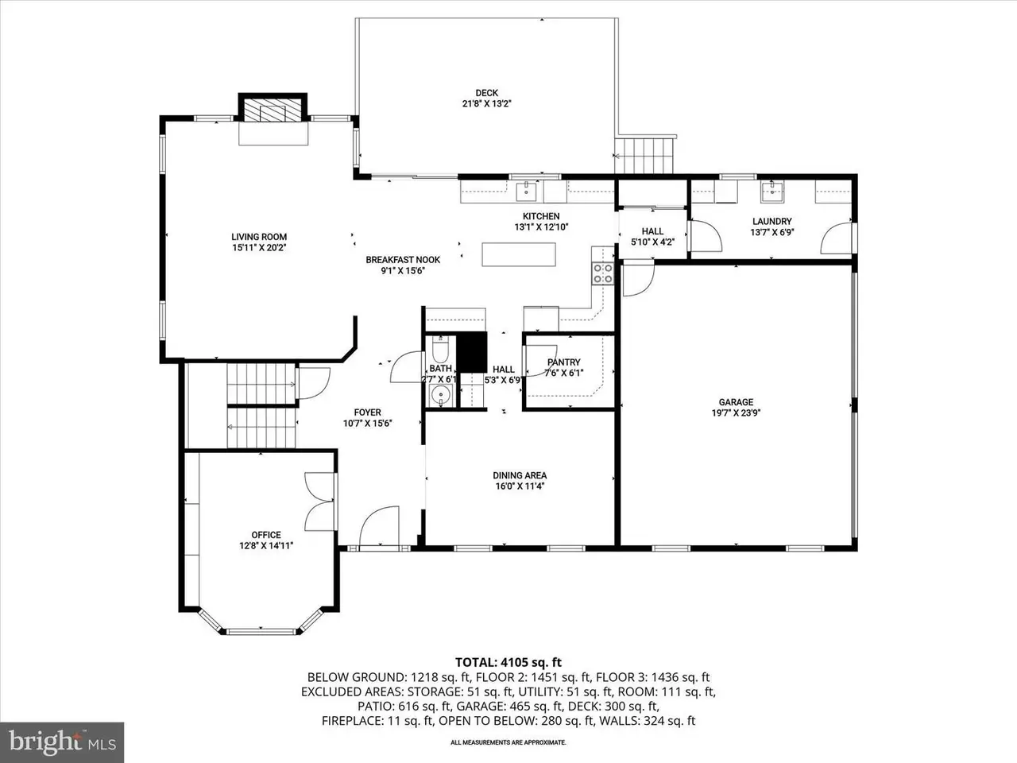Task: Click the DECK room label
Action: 486,93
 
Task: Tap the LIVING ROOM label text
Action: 259,237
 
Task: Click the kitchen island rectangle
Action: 519,254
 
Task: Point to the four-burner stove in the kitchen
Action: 603,273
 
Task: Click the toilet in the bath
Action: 439,349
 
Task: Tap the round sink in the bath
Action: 439,395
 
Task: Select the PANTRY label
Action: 564,362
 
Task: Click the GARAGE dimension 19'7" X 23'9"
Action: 737,412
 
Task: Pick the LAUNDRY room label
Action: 772,222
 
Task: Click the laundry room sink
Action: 772,192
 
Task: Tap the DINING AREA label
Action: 520,475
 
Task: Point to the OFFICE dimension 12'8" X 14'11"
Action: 266,546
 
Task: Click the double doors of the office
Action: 319,502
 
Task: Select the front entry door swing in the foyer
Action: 379,527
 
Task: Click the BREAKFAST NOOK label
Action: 403,260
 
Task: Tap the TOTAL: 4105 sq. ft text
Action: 508,663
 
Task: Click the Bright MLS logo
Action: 62,742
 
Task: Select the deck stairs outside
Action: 644,155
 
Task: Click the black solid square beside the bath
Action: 472,352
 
